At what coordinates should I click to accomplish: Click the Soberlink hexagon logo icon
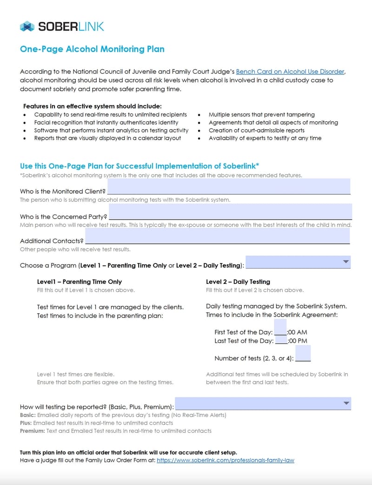point(27,27)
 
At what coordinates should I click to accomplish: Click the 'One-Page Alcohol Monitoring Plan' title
point(92,49)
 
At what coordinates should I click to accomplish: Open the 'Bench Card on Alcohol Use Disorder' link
point(290,72)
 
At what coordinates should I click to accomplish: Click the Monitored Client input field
point(228,186)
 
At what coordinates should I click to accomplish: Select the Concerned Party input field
point(230,211)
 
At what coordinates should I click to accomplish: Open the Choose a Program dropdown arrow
point(345,262)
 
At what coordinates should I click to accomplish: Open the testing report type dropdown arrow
point(345,403)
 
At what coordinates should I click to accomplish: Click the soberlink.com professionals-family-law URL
point(226,460)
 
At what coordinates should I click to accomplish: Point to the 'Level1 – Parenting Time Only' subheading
point(80,282)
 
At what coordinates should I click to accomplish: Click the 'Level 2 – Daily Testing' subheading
point(238,282)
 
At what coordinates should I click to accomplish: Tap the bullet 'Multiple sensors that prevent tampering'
point(261,115)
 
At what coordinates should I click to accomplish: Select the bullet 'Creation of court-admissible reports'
point(256,130)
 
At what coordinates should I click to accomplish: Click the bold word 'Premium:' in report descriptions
point(31,431)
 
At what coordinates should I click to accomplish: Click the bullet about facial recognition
point(106,122)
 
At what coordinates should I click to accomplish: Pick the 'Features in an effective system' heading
point(93,106)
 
